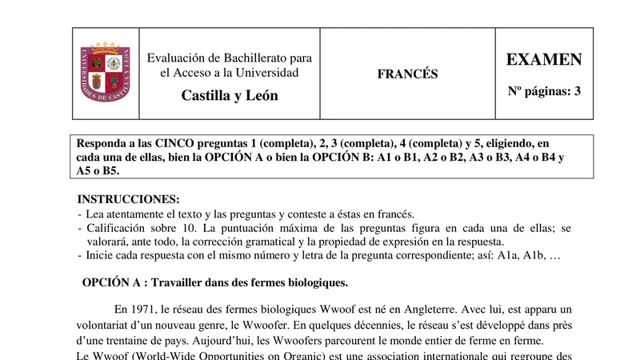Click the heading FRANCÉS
(x=408, y=74)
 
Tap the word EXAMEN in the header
(x=544, y=60)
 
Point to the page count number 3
(x=577, y=91)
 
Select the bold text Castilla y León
(x=230, y=96)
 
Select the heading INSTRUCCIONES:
(x=128, y=199)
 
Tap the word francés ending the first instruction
(x=395, y=214)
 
